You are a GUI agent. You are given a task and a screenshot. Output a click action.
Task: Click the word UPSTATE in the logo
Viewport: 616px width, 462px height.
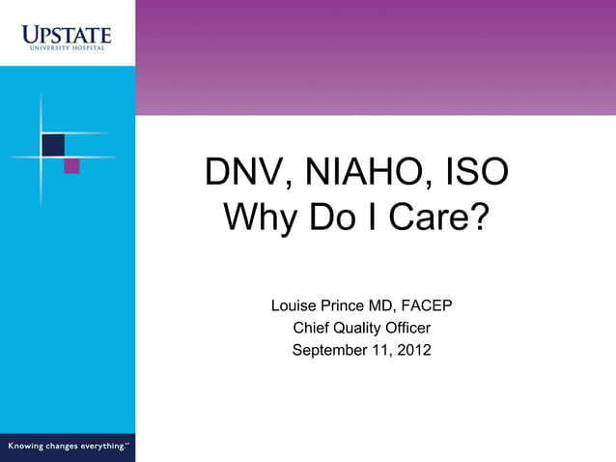(x=67, y=35)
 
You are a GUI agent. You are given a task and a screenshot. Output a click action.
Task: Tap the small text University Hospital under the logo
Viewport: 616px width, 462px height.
(x=67, y=48)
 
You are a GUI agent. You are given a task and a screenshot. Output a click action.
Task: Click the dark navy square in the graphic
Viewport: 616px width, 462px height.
(x=53, y=145)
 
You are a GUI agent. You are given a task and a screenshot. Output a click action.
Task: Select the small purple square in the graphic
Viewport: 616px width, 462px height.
(x=71, y=166)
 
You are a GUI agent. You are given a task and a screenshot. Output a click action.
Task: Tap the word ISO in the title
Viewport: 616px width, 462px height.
(x=475, y=173)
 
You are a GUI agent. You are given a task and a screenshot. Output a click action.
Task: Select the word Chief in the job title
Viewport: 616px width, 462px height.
(x=311, y=328)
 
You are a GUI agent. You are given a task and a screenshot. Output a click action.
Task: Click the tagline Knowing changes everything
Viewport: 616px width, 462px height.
(x=68, y=446)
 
